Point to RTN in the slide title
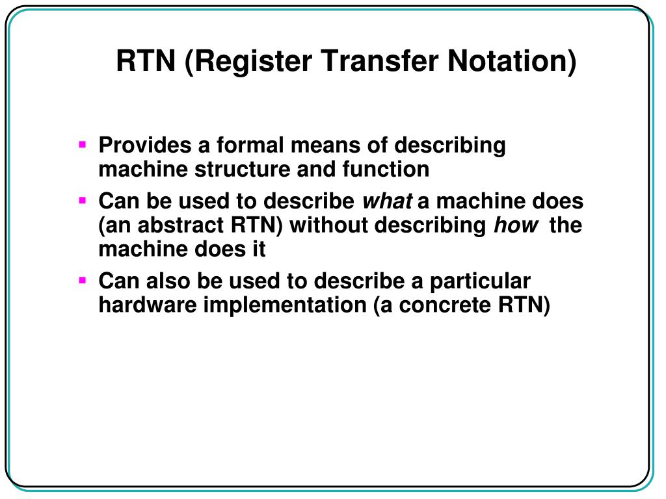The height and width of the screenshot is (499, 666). point(146,62)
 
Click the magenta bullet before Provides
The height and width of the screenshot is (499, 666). point(83,145)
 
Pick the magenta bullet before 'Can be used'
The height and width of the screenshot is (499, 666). point(83,201)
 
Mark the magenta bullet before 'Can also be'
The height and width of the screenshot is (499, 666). point(83,281)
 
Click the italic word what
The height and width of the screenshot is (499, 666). point(386,201)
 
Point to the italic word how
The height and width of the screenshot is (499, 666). point(516,225)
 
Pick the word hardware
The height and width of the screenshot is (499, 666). point(148,305)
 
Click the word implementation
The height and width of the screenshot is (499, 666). point(285,306)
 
